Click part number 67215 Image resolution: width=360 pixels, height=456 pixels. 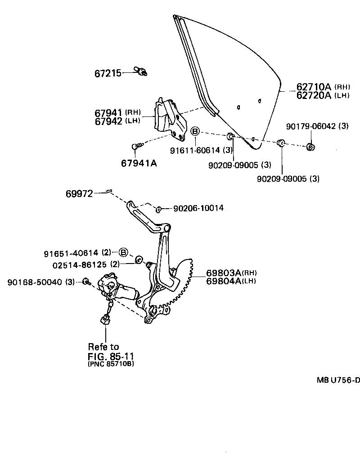108,73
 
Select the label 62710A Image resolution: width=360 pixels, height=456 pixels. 314,87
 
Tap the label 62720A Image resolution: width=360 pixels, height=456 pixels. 314,95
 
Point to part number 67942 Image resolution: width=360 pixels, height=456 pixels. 108,121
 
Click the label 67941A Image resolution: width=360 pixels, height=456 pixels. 139,163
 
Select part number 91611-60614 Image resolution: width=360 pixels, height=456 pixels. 200,150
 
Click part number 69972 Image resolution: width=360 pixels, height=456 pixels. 79,194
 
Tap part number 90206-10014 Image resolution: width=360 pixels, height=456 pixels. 198,208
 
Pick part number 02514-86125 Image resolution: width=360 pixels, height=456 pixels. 78,265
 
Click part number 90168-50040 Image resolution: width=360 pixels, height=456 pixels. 36,282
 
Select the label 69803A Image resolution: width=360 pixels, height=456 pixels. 224,273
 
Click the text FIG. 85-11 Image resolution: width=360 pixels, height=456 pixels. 111,356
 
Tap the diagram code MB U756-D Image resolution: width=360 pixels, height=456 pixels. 338,380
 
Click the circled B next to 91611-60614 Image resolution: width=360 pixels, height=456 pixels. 195,131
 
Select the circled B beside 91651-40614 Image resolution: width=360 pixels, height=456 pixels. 124,253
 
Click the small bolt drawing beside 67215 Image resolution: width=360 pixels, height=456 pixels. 141,71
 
